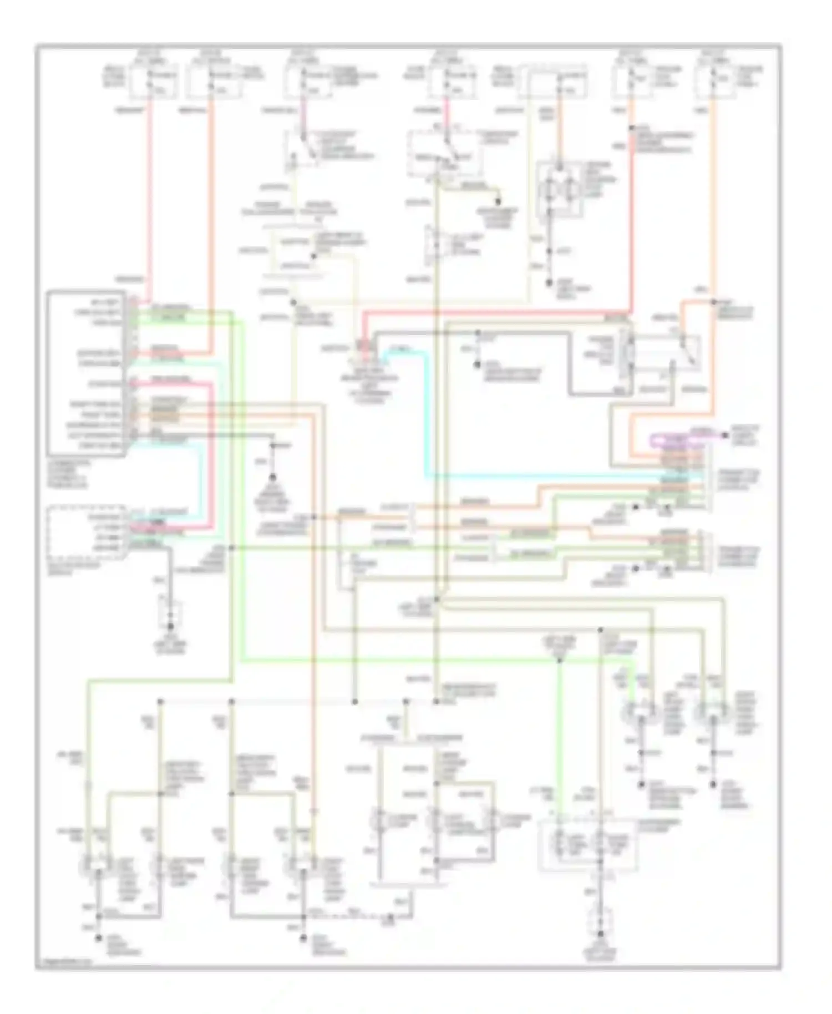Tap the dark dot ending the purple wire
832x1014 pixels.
click(x=725, y=435)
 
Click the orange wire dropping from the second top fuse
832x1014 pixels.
click(x=211, y=222)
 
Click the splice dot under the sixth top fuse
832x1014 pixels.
click(x=631, y=129)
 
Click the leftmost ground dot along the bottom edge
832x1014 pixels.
click(x=99, y=938)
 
